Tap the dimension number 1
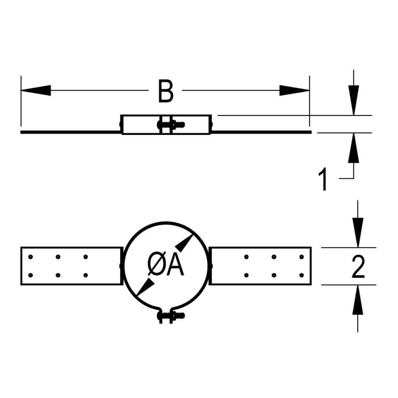(324, 180)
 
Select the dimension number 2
(358, 267)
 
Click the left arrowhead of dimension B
(35, 90)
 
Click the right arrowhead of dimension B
(295, 90)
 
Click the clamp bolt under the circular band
(171, 316)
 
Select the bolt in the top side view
(171, 125)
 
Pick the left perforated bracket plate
(71, 266)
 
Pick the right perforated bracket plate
(261, 266)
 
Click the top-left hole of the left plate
(30, 256)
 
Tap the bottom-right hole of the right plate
(302, 275)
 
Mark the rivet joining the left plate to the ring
(121, 266)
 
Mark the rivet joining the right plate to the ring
(210, 266)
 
